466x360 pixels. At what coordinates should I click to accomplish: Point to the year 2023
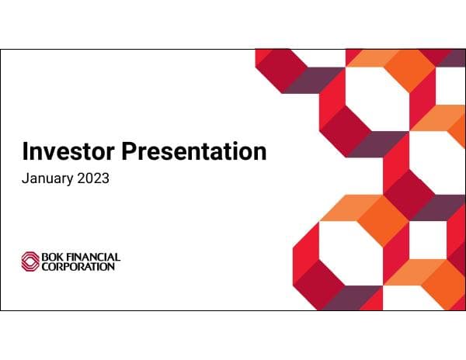(x=92, y=178)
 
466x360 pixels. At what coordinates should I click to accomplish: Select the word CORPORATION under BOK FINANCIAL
(x=78, y=266)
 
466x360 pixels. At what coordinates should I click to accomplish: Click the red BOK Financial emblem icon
(x=30, y=261)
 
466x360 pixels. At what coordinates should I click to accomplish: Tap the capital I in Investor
(x=26, y=151)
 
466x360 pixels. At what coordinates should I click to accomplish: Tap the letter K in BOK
(x=58, y=257)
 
